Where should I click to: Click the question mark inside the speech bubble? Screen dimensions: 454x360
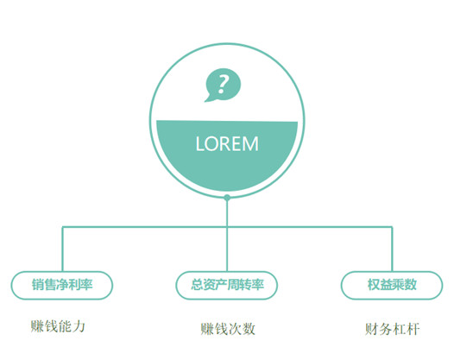point(223,84)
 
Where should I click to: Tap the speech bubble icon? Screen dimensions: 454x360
point(223,85)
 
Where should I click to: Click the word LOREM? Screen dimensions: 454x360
point(227,143)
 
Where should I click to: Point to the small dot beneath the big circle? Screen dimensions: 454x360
point(227,198)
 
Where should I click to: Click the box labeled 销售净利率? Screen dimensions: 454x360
point(61,285)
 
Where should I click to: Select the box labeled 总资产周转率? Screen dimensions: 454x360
point(227,285)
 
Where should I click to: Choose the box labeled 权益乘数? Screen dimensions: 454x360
point(392,285)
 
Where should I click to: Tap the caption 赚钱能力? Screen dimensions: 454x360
point(58,326)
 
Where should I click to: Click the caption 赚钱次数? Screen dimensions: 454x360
point(228,329)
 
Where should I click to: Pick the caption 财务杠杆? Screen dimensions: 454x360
point(392,329)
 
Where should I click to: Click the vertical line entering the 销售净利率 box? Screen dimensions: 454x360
point(62,249)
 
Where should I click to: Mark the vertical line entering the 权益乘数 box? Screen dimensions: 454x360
point(392,249)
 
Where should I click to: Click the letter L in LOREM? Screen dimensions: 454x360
point(200,143)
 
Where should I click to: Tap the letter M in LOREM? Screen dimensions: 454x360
point(251,143)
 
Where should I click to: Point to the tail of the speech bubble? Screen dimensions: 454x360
point(208,98)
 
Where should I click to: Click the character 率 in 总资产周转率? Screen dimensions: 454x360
point(258,285)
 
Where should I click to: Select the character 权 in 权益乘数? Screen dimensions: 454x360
point(374,285)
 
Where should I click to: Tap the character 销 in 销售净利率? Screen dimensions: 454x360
point(38,285)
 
